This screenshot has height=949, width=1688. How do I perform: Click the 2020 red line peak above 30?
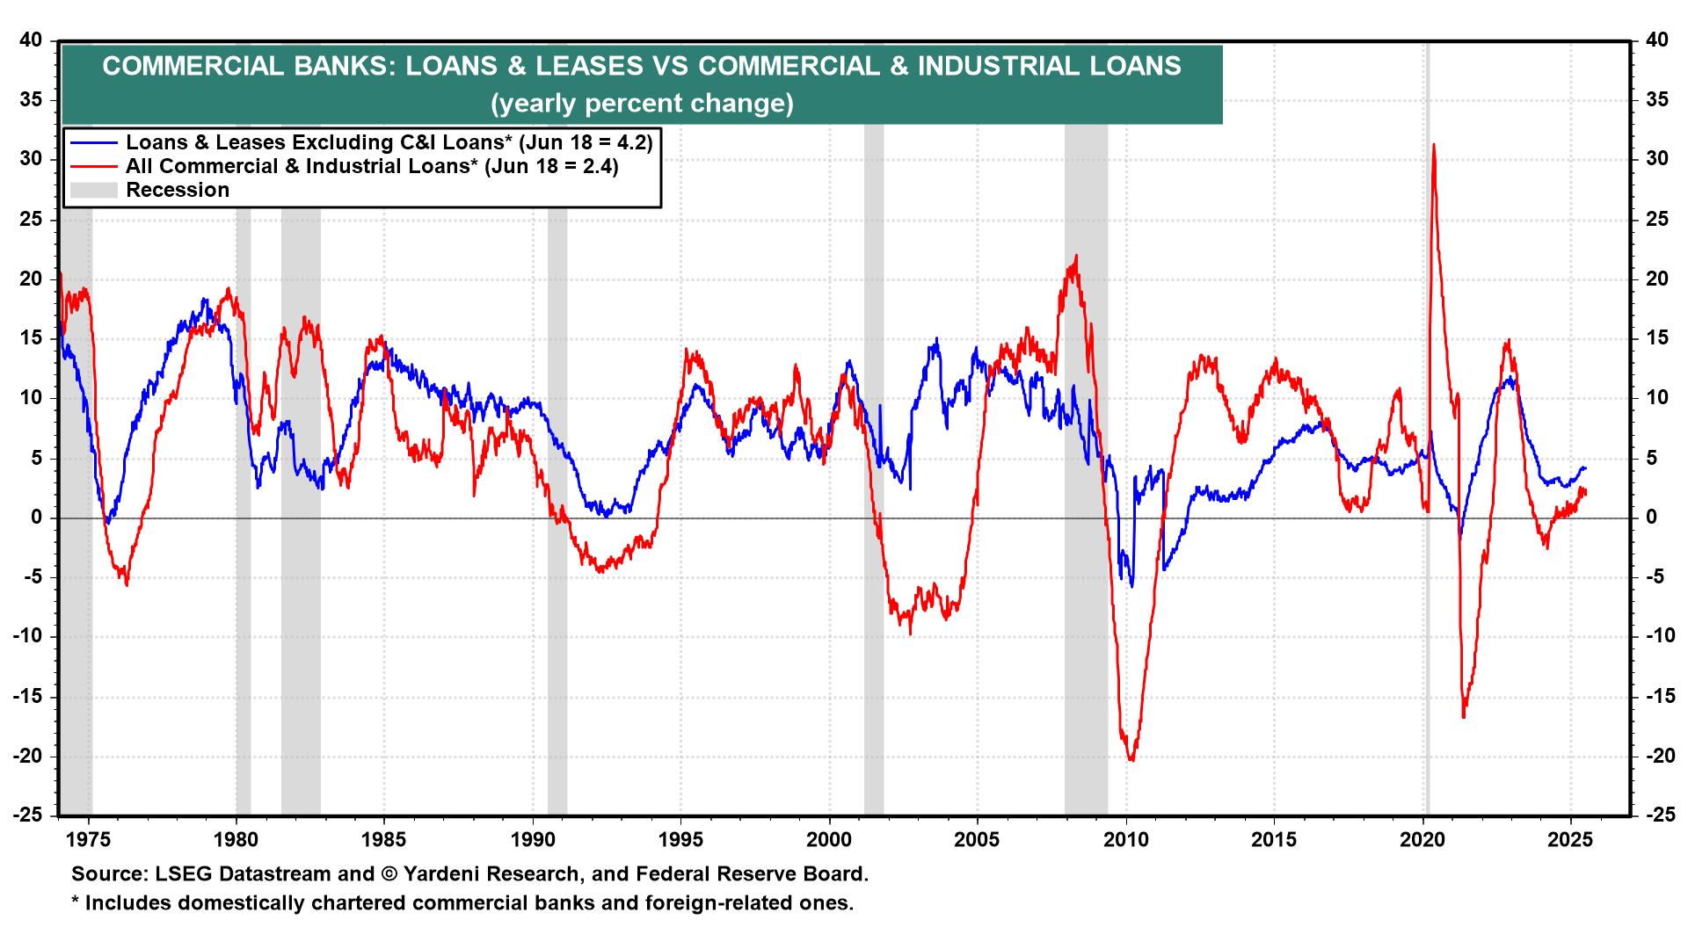pos(1434,145)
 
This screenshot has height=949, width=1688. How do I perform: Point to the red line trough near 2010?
pos(1131,759)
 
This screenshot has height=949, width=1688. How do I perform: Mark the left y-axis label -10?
pos(28,637)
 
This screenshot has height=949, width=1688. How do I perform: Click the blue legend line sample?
pos(94,142)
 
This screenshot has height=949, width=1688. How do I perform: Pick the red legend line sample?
pos(94,166)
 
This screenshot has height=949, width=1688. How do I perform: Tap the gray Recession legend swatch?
pos(94,190)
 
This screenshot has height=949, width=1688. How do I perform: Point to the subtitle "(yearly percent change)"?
pos(642,104)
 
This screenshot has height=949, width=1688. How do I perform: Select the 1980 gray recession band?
pos(243,527)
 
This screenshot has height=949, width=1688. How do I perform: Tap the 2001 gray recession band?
pos(873,527)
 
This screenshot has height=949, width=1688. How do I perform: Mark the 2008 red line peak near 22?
pos(1076,257)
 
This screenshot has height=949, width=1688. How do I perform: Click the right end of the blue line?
pos(1585,467)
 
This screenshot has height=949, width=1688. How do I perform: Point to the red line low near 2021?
pos(1464,717)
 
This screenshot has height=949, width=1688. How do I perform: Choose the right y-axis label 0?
pos(1650,518)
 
